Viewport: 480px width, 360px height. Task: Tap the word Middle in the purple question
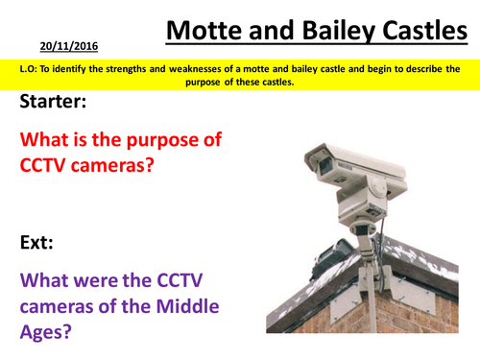pos(183,307)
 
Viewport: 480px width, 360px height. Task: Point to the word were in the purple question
pos(101,280)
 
